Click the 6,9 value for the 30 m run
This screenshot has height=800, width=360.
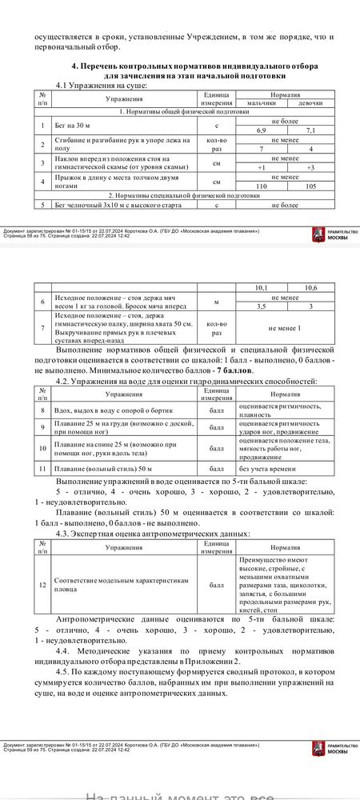pos(261,130)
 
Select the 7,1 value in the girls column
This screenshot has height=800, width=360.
pos(310,130)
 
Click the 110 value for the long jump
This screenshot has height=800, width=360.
pos(261,185)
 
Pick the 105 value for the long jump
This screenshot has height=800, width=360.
pos(310,185)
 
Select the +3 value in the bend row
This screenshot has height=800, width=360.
pos(310,167)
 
